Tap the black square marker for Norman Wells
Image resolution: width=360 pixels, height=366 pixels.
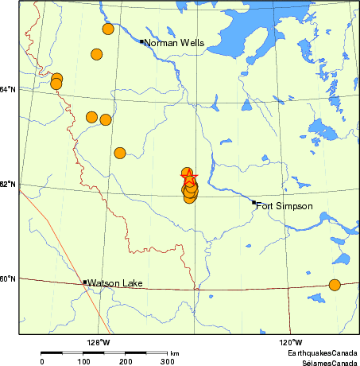click(x=141, y=41)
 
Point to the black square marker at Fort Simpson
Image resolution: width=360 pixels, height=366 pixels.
click(x=254, y=202)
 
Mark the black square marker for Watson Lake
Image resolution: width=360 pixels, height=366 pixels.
click(x=85, y=282)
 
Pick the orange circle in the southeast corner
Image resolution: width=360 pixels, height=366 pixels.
click(x=335, y=285)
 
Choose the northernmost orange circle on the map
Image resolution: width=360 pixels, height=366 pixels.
click(x=108, y=29)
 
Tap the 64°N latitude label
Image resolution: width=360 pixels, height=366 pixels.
click(x=8, y=89)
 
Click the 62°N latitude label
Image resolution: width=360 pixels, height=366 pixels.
click(x=8, y=185)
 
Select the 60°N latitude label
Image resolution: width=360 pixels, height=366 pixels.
click(x=8, y=278)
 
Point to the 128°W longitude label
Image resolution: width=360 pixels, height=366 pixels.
click(x=99, y=343)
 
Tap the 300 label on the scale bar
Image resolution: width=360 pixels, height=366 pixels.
click(x=168, y=362)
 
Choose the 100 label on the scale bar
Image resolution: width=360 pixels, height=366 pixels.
click(x=83, y=362)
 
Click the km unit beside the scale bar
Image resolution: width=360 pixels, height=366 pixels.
click(x=174, y=353)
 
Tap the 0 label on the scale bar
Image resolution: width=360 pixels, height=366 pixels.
click(x=42, y=362)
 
